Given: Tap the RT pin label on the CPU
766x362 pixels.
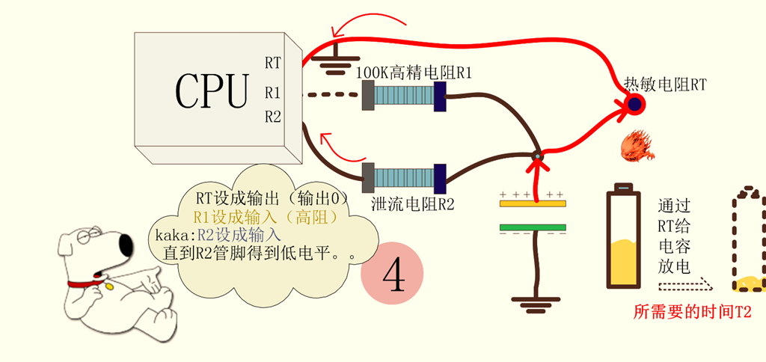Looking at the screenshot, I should (273, 63).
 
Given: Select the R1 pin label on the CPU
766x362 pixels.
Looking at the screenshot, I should (273, 93).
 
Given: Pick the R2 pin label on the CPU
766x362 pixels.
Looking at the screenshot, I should (273, 117).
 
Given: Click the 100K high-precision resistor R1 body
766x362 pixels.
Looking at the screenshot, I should (404, 96).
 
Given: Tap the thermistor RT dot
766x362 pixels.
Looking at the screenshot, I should (634, 105).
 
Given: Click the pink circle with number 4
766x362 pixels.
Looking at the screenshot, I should (392, 274).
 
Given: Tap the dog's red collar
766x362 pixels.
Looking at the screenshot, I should (85, 284).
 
